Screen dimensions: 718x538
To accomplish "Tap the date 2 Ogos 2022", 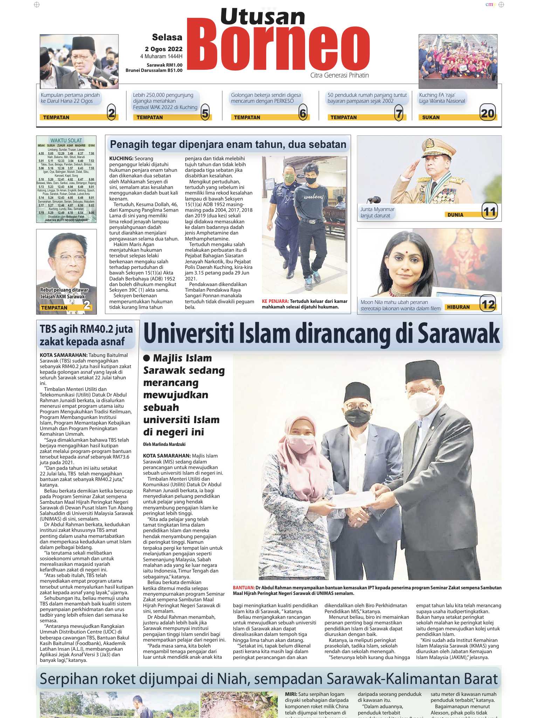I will pos(164,49).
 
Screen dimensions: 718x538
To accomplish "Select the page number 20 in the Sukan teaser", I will pos(488,113).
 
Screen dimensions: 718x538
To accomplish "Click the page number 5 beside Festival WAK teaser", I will pos(205,113).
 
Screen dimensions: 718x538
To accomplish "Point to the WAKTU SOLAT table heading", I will pos(66,141).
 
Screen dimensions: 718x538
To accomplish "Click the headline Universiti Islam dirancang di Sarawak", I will pos(321,333).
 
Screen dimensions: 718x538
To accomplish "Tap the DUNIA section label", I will pos(455,215).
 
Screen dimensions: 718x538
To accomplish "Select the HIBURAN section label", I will pos(458,307).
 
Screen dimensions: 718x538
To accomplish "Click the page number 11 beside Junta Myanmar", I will pos(489,211).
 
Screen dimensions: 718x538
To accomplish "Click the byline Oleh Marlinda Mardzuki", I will pos(164,444).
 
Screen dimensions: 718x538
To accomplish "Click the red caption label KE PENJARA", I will pos(275,301).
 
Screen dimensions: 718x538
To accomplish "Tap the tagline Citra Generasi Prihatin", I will pos(339,75).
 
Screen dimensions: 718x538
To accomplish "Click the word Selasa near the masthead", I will pos(167,37).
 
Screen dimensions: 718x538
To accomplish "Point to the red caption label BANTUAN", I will pos(243,588).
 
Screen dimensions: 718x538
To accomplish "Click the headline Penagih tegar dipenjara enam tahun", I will pos(228,144).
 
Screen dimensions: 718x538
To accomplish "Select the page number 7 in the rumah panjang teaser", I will pos(399,113).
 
